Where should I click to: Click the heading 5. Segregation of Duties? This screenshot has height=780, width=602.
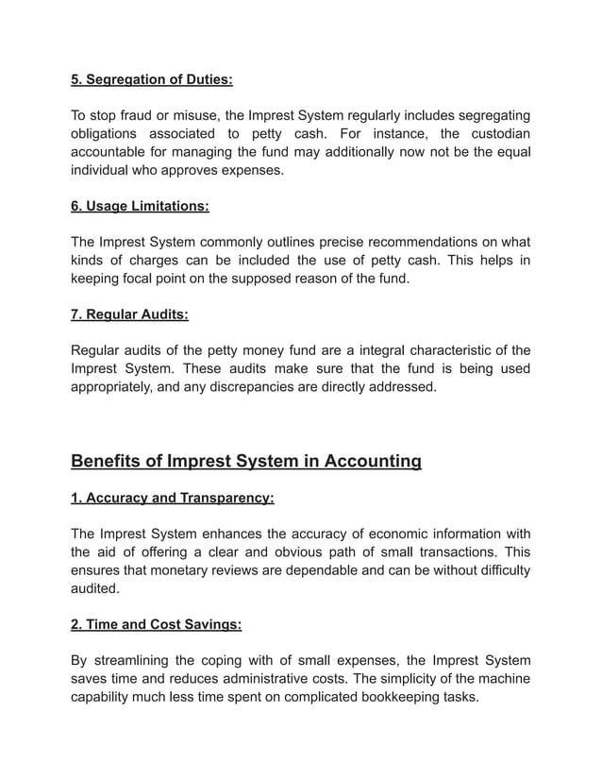point(152,80)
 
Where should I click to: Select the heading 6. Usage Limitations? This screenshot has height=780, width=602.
point(141,205)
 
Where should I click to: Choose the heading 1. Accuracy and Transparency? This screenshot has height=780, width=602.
point(173,498)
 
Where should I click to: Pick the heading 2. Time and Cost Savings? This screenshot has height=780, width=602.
point(157,624)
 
